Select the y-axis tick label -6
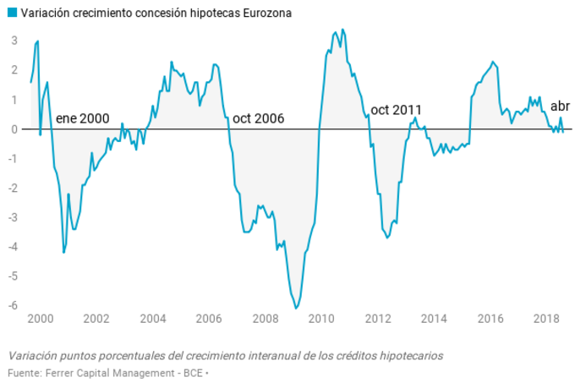click(x=13, y=305)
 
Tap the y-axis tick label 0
click(x=14, y=128)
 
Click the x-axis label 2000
click(x=40, y=320)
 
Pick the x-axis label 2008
click(x=265, y=320)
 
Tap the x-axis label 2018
click(x=547, y=320)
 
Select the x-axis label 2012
click(x=377, y=320)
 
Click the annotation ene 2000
click(x=83, y=118)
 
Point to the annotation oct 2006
click(x=258, y=118)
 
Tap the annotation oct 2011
click(x=397, y=110)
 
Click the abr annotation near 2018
click(x=560, y=107)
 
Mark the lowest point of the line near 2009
click(x=297, y=309)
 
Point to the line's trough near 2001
click(x=63, y=252)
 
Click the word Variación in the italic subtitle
click(x=35, y=355)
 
